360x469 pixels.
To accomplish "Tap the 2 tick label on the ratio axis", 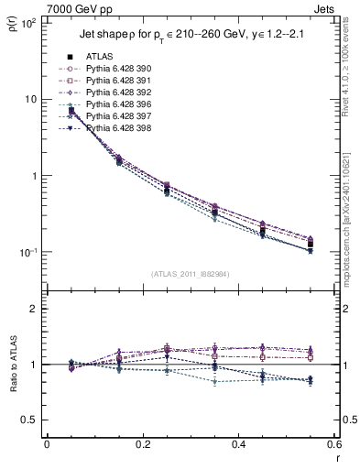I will tap(35, 310).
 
